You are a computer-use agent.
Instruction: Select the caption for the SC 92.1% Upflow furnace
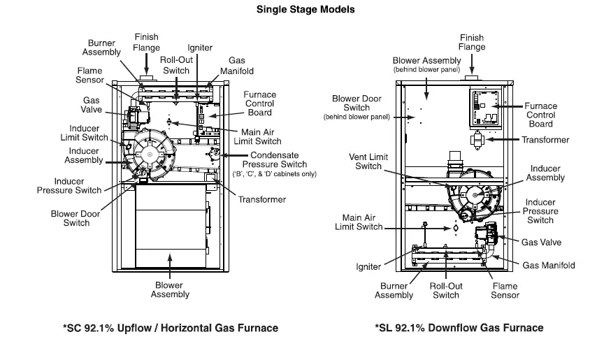tap(171, 328)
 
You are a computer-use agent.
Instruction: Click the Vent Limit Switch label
tap(370, 161)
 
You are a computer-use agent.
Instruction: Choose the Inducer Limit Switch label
tap(89, 133)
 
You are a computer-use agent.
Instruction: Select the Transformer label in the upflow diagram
tap(262, 200)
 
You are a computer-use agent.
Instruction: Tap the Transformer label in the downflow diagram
tap(545, 140)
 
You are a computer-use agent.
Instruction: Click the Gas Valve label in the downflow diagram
tap(542, 243)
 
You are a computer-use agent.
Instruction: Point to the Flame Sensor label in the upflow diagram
tap(89, 75)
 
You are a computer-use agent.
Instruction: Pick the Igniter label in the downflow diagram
tap(368, 267)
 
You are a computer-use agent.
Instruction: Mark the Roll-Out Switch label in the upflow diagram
tap(177, 65)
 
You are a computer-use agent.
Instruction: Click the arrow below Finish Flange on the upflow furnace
tap(146, 63)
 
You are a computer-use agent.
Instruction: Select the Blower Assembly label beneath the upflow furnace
tap(170, 289)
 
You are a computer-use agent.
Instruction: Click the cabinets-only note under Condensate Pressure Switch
tap(274, 173)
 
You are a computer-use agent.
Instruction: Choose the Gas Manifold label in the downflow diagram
tap(549, 266)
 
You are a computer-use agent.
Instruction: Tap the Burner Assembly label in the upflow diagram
tap(101, 48)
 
